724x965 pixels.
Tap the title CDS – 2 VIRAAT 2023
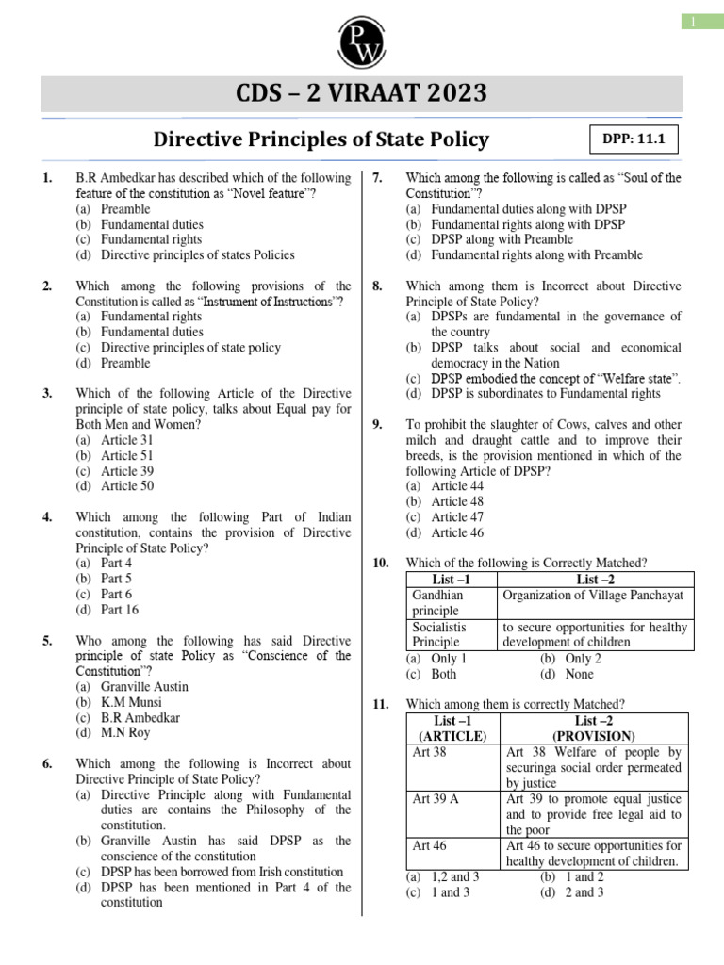(x=362, y=94)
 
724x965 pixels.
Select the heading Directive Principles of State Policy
(x=321, y=139)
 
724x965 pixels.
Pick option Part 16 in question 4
(x=106, y=610)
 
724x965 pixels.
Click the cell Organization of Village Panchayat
(x=594, y=596)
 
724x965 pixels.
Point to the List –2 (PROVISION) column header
(x=594, y=728)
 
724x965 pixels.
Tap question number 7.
(x=377, y=178)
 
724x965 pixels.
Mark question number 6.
(x=47, y=764)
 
